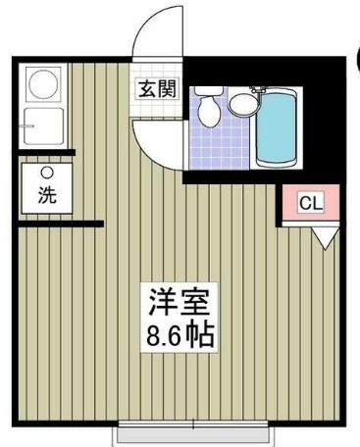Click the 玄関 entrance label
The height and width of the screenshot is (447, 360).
pos(157,88)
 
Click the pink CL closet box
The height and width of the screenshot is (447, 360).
pos(310,204)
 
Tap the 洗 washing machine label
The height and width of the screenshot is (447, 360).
pos(46,194)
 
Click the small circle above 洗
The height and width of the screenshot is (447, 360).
pos(45,174)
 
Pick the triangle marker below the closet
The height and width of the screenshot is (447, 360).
pos(324,236)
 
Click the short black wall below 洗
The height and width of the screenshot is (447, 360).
pos(59,224)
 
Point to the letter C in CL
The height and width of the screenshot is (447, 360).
pos(304,204)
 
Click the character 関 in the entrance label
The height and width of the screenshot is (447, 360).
pos(166,88)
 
